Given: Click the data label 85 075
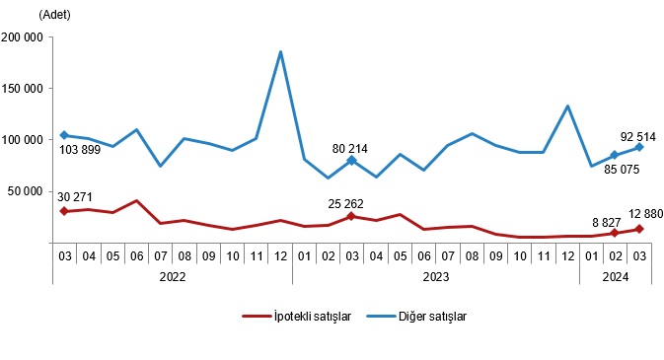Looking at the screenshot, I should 613,170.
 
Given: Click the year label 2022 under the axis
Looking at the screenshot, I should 172,277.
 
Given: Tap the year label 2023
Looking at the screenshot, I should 436,277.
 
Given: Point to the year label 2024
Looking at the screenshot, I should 613,277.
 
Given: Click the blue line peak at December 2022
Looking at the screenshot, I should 281,52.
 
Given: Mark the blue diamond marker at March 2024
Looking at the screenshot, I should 639,147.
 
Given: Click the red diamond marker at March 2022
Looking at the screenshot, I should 64,211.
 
